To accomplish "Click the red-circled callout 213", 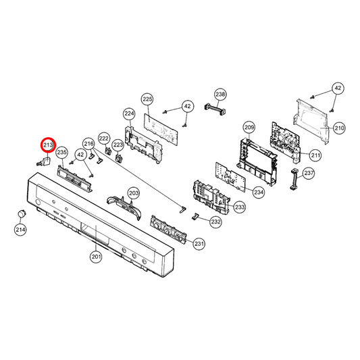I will click(48, 145).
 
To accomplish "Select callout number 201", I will click(96, 256).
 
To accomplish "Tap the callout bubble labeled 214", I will click(21, 230).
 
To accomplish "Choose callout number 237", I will click(309, 174).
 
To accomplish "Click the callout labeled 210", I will click(339, 127).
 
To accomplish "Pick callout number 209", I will click(249, 127).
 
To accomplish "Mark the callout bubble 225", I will click(147, 99).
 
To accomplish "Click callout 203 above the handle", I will click(134, 193).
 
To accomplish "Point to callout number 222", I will click(104, 138).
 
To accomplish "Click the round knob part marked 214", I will click(22, 214).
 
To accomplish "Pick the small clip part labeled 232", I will click(195, 217).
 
